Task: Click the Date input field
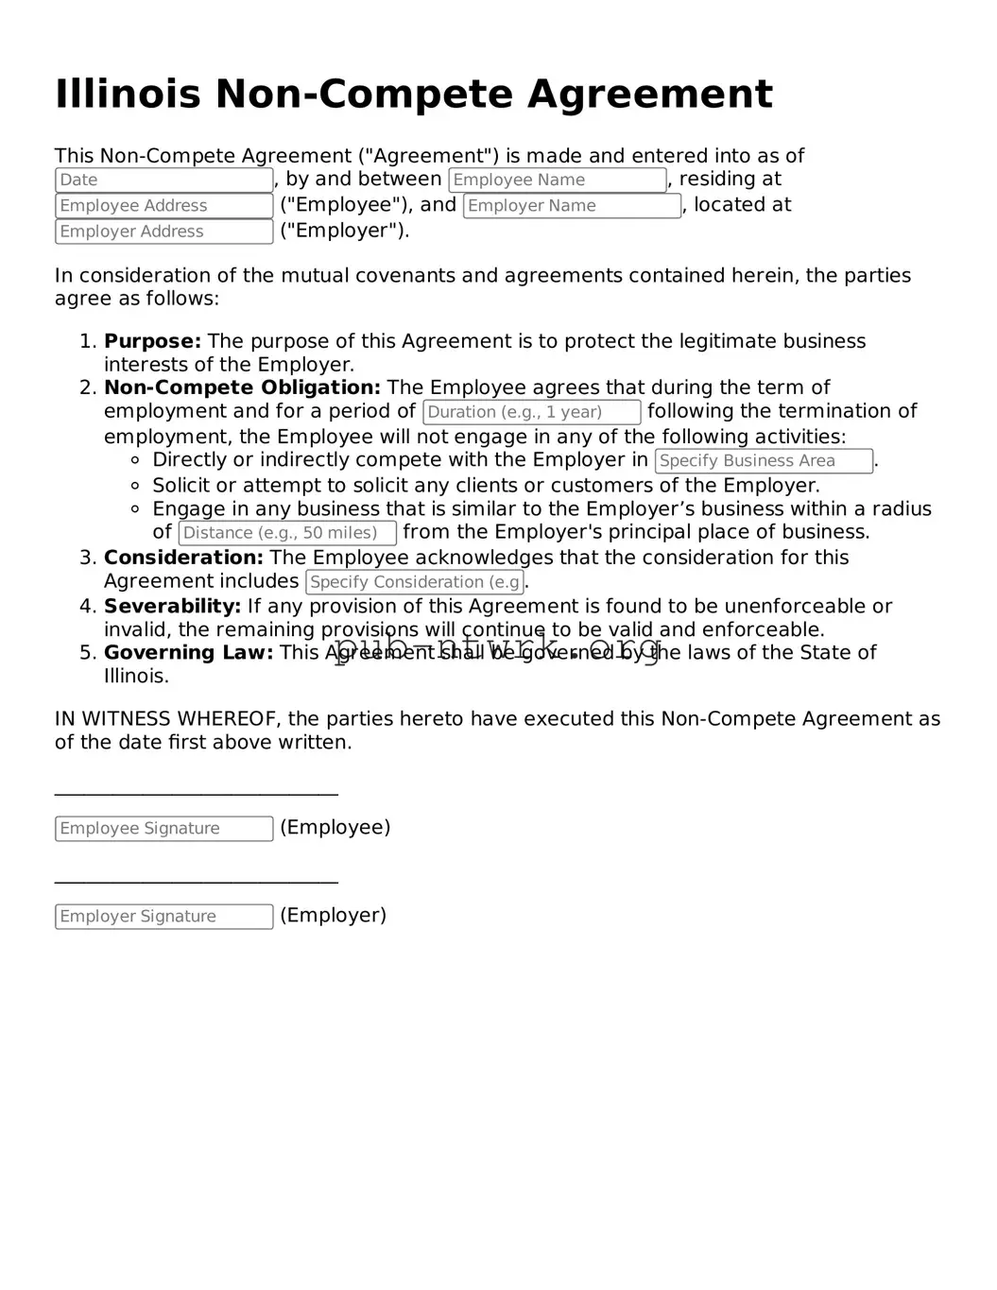point(163,181)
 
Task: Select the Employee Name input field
point(557,181)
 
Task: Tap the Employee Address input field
point(163,206)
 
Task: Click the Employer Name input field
point(572,206)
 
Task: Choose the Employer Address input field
point(163,232)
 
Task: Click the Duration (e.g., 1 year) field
point(532,412)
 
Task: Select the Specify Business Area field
point(764,461)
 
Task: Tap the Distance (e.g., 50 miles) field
point(287,533)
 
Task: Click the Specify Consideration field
point(415,582)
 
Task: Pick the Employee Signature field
point(163,829)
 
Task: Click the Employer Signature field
point(163,917)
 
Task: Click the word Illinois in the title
point(128,95)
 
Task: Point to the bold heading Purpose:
point(152,341)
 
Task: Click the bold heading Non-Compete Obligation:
point(242,387)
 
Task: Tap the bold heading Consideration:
point(183,558)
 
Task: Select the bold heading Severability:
point(172,607)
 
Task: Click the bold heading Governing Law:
point(188,653)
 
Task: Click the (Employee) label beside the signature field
point(335,828)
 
